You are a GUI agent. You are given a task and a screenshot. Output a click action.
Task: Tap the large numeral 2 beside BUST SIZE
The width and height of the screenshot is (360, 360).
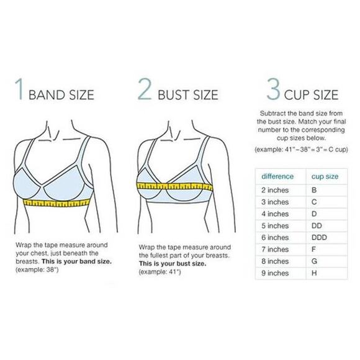click(x=145, y=91)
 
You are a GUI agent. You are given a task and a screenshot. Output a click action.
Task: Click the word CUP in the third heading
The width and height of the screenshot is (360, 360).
click(x=296, y=95)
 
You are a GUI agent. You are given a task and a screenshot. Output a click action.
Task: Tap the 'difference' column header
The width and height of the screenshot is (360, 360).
click(x=277, y=176)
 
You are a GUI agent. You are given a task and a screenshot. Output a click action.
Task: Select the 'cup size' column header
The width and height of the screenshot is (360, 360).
click(x=325, y=176)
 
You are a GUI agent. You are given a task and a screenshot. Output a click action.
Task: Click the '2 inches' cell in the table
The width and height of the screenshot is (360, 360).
click(x=275, y=191)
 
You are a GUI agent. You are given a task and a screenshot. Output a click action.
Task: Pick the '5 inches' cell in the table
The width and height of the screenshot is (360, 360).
click(x=275, y=226)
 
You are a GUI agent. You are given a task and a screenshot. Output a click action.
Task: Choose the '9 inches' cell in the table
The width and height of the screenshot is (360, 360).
click(x=275, y=273)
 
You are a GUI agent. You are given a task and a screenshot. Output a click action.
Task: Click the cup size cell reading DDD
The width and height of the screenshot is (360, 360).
click(x=319, y=238)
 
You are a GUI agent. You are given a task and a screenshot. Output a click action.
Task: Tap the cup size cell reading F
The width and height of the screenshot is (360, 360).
click(x=313, y=250)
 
